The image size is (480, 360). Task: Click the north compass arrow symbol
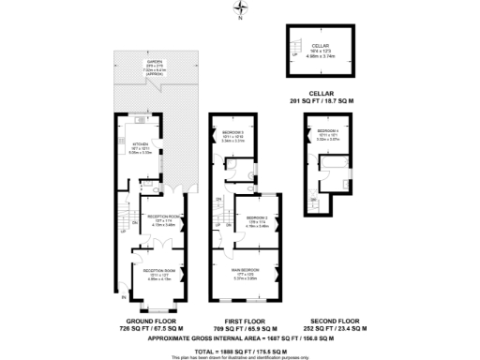[240, 8]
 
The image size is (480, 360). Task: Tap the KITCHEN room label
[146, 144]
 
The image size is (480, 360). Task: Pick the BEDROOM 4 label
[327, 130]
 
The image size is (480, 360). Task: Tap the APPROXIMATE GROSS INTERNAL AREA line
[239, 337]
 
